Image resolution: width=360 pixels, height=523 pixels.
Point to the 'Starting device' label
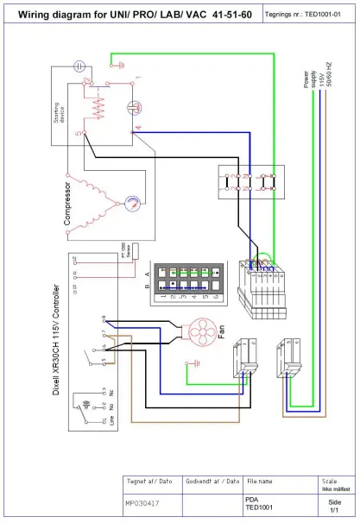(58, 110)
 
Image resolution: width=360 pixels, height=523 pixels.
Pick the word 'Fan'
(222, 331)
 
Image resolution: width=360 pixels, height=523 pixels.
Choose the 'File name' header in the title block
(260, 481)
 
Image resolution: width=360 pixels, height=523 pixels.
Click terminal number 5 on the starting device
(78, 134)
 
